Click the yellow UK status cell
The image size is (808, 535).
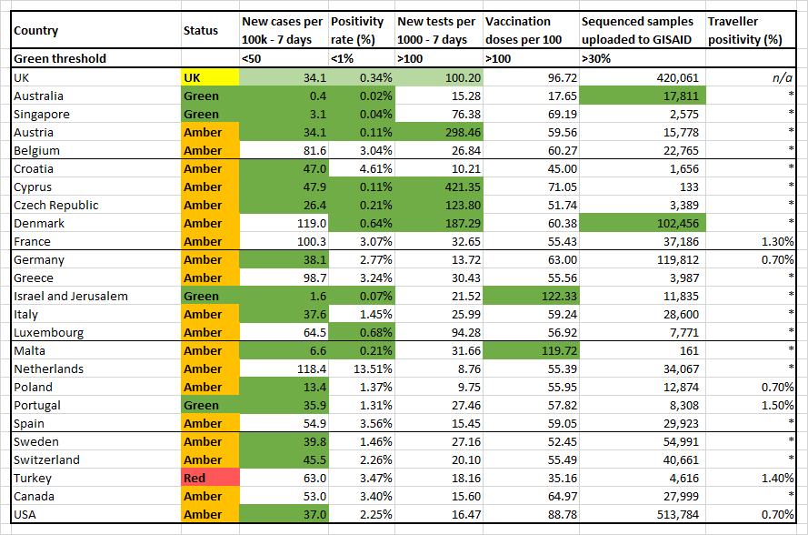coord(210,78)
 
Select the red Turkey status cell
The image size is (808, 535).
coord(210,479)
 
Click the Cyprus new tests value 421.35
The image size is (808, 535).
coord(463,187)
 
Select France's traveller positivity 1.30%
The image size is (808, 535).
coord(778,241)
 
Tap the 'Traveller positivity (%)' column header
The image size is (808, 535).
coord(745,30)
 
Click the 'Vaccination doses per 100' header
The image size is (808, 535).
coord(524,30)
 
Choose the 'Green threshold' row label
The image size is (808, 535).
coord(60,59)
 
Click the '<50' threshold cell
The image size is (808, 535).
coord(252,59)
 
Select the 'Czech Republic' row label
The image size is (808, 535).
coord(55,206)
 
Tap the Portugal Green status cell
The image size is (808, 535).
coord(210,406)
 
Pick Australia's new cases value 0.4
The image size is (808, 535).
coord(318,96)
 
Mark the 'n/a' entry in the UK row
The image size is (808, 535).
coord(783,78)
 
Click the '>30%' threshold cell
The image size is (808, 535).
coord(596,59)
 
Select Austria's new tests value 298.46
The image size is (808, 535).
coord(463,133)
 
